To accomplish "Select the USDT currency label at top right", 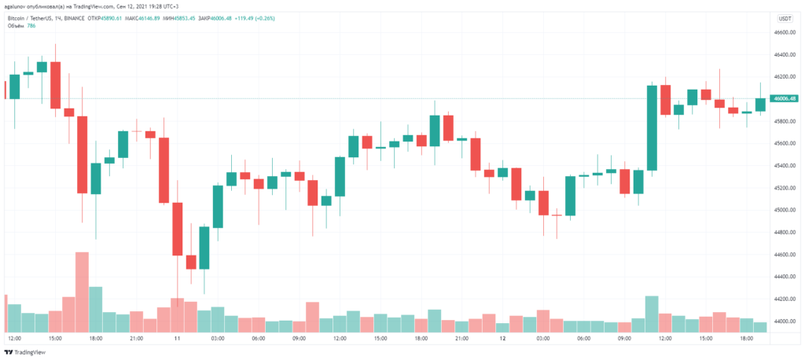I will tap(785, 17).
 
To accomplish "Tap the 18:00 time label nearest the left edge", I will tap(96, 339).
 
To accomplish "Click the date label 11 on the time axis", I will tap(178, 339).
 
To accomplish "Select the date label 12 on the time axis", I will tap(501, 339).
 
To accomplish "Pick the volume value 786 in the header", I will tap(32, 25).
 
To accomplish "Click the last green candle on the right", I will tap(760, 104).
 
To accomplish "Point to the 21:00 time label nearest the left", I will tap(136, 339).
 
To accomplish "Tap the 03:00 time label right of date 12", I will tap(542, 339).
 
